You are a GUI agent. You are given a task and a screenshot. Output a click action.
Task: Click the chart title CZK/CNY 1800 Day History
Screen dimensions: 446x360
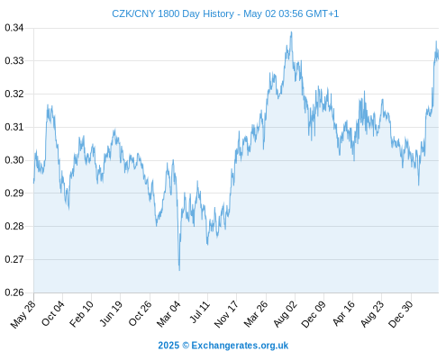(173, 13)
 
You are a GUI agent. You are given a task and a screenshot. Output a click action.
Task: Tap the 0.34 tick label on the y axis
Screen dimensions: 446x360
(14, 28)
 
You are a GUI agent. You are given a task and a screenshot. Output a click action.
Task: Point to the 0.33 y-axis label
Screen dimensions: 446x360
(14, 61)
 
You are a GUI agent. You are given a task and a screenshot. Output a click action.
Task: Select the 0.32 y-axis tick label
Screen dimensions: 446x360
(14, 94)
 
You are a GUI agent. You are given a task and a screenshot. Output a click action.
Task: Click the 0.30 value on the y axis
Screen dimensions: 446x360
(14, 160)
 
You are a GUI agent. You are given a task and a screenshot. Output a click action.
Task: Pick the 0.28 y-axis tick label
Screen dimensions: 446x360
(14, 226)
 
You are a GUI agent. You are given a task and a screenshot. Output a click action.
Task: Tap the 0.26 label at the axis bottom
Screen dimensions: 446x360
(14, 292)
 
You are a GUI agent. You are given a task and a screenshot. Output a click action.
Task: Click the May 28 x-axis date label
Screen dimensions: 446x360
(23, 314)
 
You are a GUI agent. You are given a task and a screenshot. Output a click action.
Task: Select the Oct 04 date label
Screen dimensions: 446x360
(53, 313)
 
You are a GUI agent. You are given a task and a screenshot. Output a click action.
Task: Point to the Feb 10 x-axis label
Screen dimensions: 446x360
(81, 314)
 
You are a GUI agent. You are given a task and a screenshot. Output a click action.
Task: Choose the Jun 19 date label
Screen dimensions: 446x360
(111, 313)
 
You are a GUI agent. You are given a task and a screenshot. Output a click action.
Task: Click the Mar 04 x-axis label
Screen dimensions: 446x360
(168, 314)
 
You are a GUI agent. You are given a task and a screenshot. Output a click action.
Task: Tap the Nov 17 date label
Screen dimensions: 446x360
(226, 314)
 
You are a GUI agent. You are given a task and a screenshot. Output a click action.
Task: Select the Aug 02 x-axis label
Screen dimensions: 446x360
(286, 314)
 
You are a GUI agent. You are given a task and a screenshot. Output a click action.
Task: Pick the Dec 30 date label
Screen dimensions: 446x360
(401, 314)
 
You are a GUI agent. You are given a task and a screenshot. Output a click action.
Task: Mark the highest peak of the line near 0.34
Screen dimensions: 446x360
(291, 31)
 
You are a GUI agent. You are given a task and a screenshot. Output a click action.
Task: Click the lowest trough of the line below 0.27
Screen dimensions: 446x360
(179, 270)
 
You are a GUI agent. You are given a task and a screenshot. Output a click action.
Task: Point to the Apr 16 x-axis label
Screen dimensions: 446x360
(343, 313)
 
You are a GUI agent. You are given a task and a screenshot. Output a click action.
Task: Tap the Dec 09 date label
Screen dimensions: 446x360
(314, 314)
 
